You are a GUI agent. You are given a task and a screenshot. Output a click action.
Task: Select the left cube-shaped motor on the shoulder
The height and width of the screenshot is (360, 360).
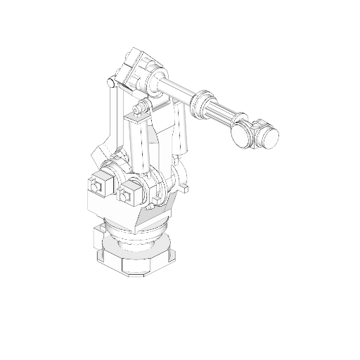point(98,186)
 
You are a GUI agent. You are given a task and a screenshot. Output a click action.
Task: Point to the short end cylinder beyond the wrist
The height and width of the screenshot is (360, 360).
point(267,135)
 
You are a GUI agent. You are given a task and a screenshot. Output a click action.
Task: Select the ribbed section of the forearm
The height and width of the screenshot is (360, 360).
point(221,112)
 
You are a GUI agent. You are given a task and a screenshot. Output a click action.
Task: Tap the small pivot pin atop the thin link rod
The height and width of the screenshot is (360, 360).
point(110,84)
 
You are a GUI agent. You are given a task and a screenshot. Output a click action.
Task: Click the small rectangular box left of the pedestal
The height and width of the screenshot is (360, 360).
point(97,239)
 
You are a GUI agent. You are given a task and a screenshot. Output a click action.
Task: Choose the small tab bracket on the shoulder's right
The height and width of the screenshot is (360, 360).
point(185,187)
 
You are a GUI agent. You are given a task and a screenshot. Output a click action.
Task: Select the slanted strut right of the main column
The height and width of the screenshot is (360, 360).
point(181,130)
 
